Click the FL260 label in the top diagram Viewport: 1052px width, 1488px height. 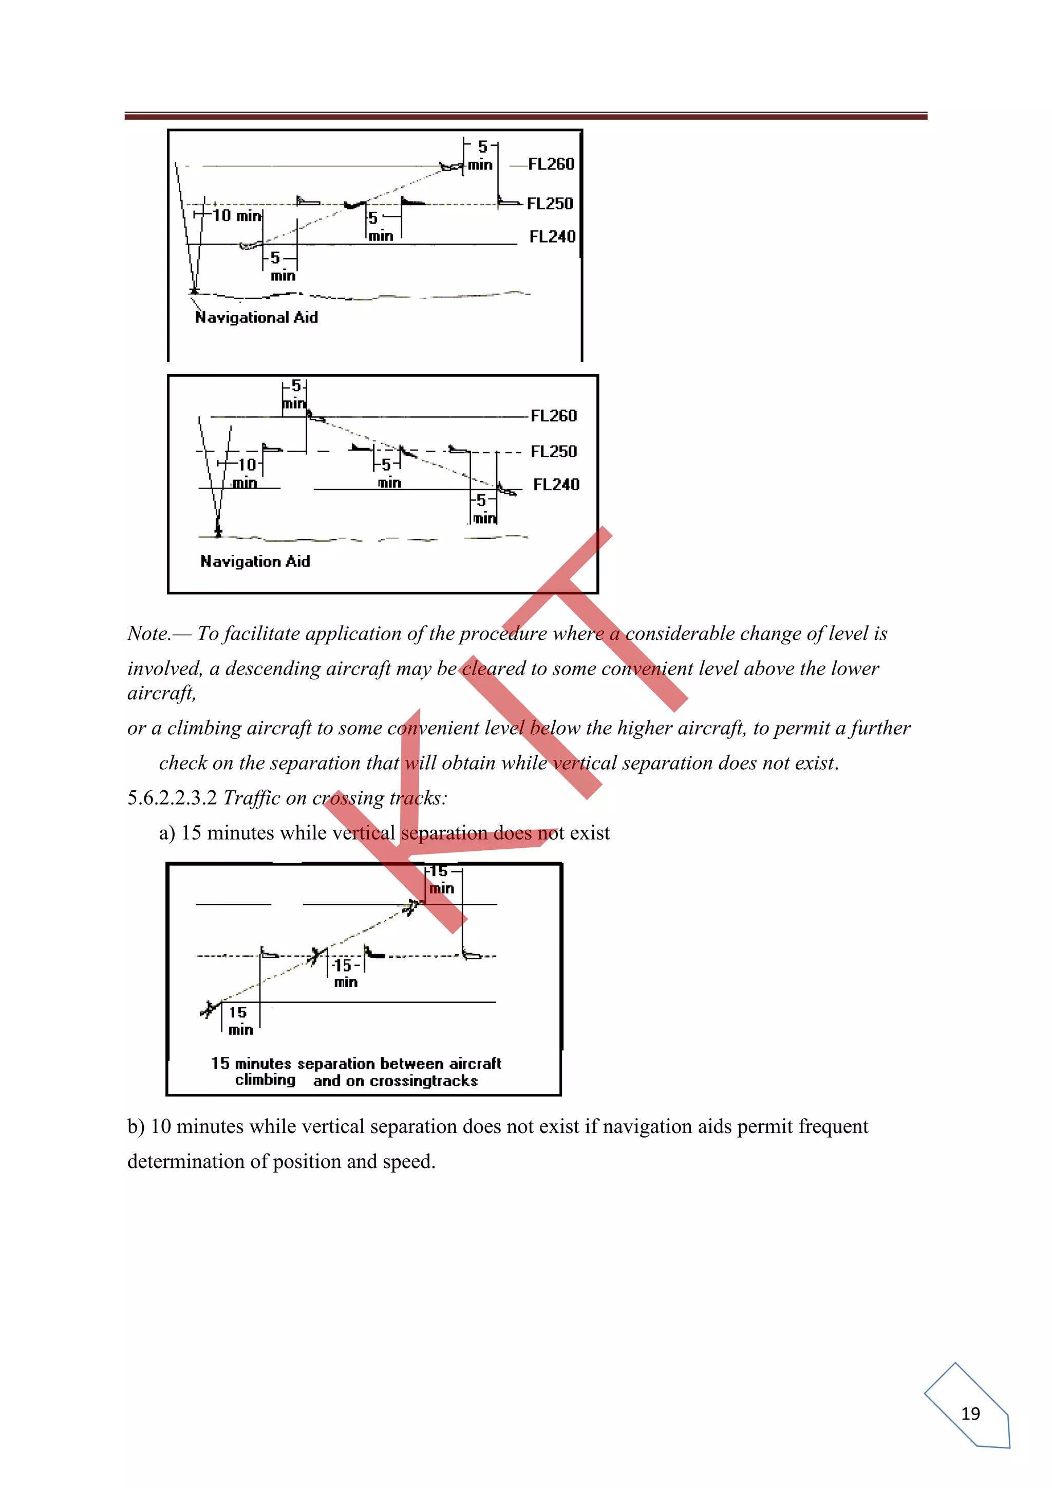[x=551, y=164]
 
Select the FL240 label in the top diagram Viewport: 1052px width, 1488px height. [x=552, y=236]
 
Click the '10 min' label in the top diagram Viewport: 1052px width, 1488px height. [x=236, y=215]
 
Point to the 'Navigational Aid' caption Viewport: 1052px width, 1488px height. [x=256, y=317]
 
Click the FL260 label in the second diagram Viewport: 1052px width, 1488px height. [x=553, y=416]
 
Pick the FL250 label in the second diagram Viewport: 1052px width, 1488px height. [x=553, y=451]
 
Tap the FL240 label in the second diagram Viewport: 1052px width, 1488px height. [x=556, y=484]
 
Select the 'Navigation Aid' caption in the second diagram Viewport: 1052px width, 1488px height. [x=255, y=561]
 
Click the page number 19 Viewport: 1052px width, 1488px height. [x=970, y=1413]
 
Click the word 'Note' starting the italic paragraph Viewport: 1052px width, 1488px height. [x=148, y=633]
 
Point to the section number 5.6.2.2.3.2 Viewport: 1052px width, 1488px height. [x=172, y=798]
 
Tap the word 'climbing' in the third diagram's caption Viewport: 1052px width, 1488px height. [x=265, y=1080]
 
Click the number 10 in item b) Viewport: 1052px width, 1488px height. [x=161, y=1126]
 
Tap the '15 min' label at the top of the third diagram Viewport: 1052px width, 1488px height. [x=441, y=880]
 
